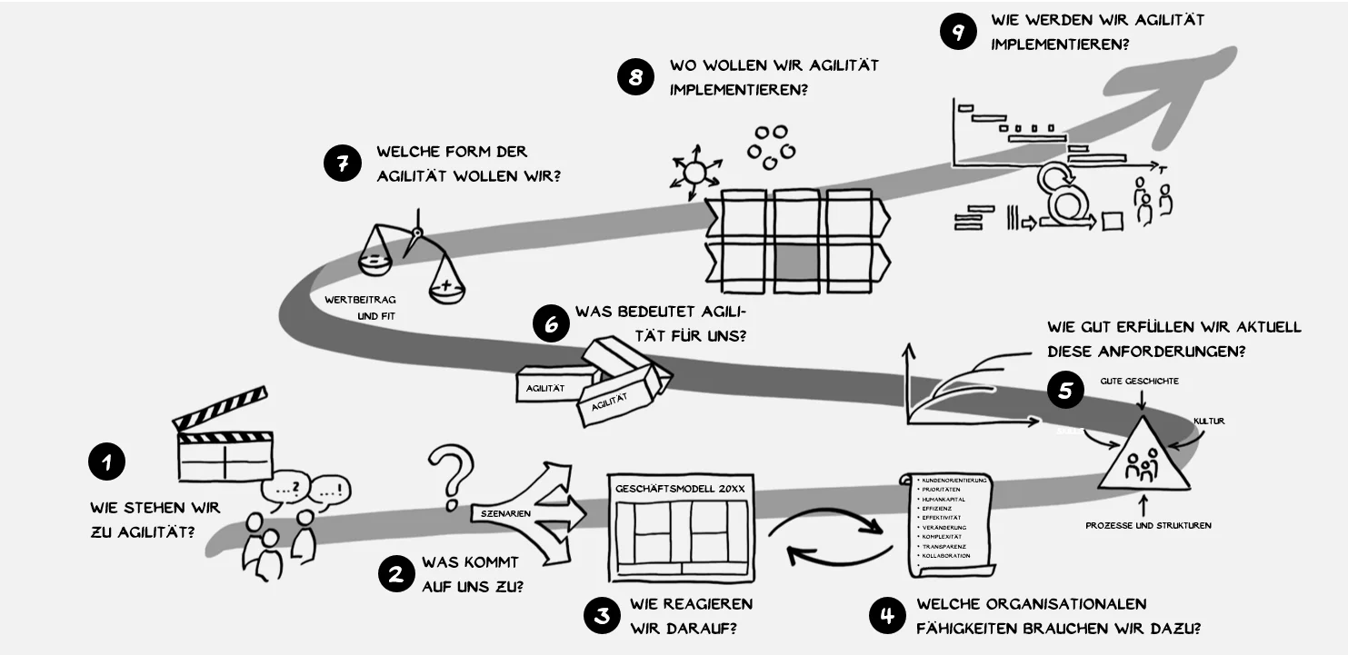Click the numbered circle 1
point(106,461)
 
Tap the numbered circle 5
point(1065,391)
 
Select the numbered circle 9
point(958,33)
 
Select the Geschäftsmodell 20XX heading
point(680,488)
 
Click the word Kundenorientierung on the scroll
point(954,480)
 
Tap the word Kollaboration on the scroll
point(945,555)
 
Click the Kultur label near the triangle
point(1209,422)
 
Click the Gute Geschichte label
point(1139,381)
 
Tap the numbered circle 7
point(343,164)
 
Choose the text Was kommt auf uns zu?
point(472,574)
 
